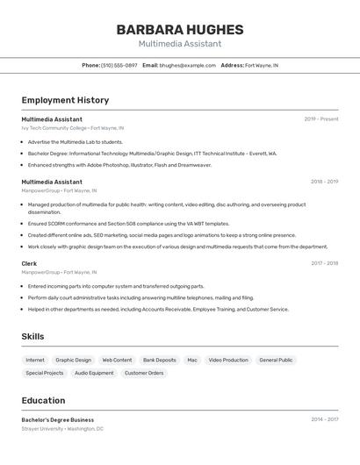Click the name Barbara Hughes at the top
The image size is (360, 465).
click(x=179, y=29)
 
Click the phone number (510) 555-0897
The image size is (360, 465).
click(x=119, y=65)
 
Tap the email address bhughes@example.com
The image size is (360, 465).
click(x=187, y=65)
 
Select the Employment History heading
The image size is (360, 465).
click(x=65, y=100)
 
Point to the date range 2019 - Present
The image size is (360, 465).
click(x=320, y=118)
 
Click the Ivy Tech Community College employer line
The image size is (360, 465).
click(x=72, y=128)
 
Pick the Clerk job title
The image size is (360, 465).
click(x=29, y=262)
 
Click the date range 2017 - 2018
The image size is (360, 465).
click(x=324, y=262)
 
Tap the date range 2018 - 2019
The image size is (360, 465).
click(x=324, y=182)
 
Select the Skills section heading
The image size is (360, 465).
click(x=32, y=336)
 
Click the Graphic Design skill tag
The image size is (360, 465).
click(x=73, y=360)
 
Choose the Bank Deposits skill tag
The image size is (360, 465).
click(x=159, y=360)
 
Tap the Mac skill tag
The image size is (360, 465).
click(x=192, y=360)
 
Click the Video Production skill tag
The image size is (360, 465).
click(x=227, y=360)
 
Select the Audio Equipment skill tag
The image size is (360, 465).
click(x=94, y=373)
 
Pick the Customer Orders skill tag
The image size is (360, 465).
click(x=144, y=373)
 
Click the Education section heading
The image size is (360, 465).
click(x=43, y=400)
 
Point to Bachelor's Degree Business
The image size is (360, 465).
click(x=57, y=419)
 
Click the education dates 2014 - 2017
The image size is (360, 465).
click(x=324, y=419)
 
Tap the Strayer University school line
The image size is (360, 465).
click(x=62, y=429)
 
